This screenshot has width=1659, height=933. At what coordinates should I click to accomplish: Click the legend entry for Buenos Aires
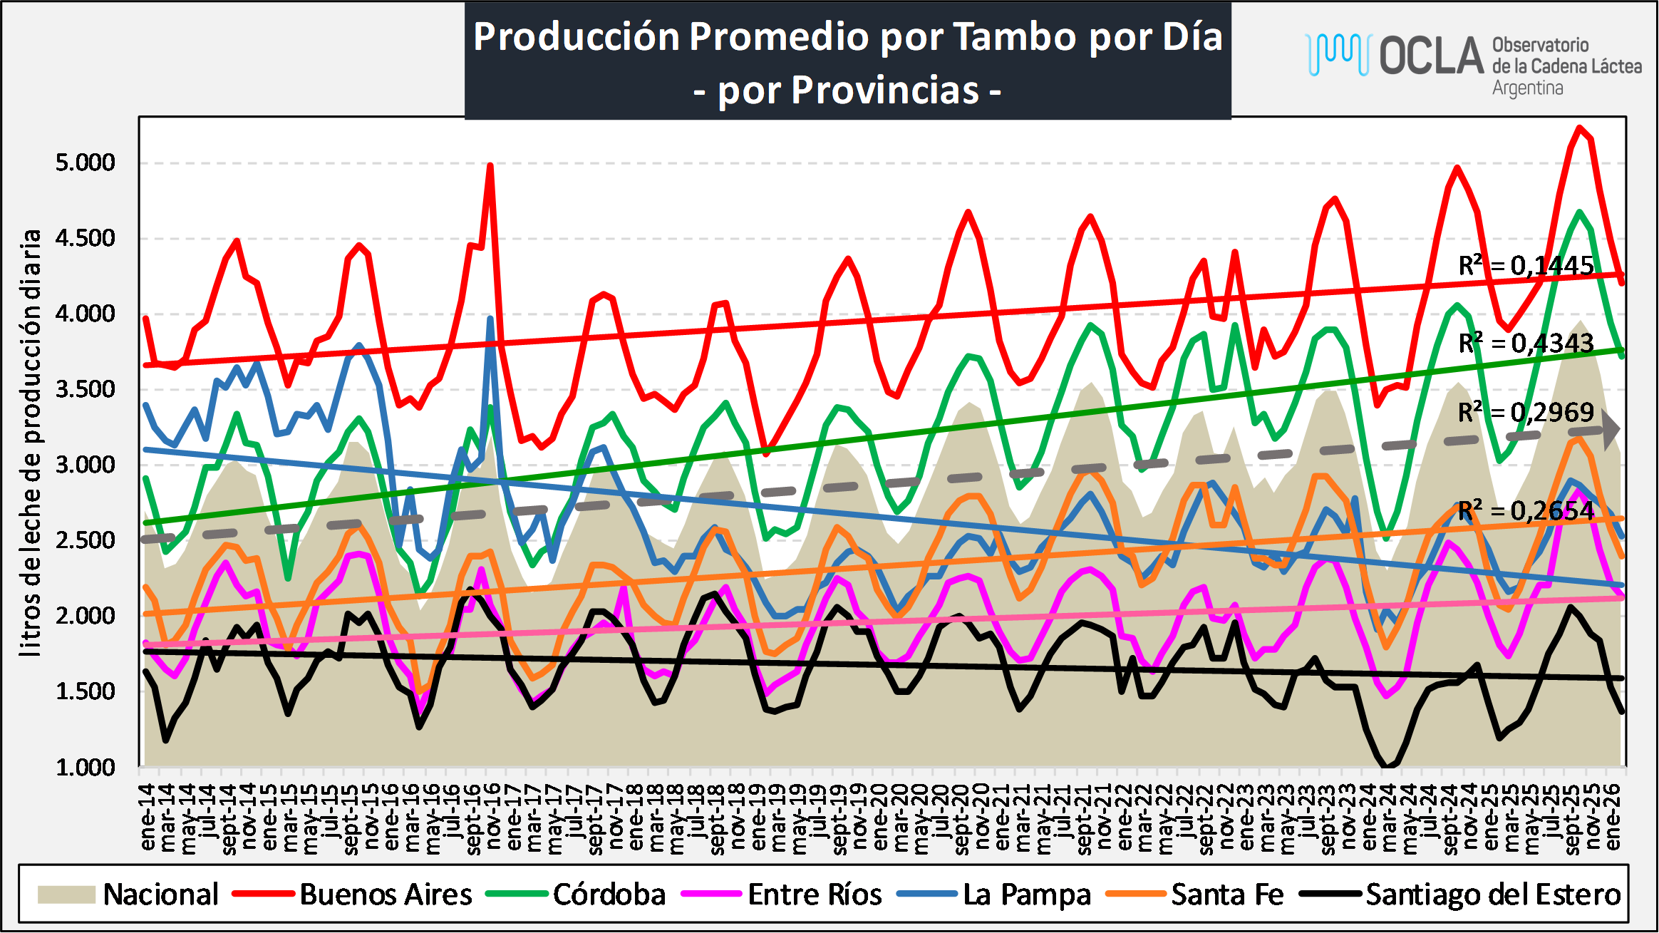point(385,895)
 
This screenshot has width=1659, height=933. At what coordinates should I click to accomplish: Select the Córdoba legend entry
point(609,895)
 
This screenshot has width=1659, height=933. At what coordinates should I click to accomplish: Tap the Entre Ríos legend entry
point(814,895)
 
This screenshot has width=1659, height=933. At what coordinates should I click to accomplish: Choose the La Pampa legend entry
point(1026,895)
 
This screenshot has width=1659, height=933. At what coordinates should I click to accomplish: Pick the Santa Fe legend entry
point(1226,895)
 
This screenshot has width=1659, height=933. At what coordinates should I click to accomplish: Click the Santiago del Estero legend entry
point(1492,895)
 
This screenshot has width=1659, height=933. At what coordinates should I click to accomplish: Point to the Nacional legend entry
point(160,895)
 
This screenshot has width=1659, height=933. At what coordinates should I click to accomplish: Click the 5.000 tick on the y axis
point(85,163)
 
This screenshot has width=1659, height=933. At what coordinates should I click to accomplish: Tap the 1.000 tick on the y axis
point(85,767)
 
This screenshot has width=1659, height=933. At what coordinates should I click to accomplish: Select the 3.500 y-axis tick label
point(85,389)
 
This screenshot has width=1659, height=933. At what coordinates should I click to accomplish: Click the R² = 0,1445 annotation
point(1526,266)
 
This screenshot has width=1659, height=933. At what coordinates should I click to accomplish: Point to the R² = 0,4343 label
point(1526,343)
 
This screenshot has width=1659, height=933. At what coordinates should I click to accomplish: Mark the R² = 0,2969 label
point(1526,412)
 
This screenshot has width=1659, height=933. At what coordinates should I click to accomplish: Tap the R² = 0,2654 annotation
point(1526,510)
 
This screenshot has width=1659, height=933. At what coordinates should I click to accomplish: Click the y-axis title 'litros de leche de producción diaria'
point(31,442)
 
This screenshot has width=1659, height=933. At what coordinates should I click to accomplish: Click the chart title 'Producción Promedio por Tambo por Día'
point(847,36)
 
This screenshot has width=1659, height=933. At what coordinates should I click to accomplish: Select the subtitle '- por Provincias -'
point(847,91)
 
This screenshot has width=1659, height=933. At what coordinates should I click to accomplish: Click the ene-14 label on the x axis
point(148,817)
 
